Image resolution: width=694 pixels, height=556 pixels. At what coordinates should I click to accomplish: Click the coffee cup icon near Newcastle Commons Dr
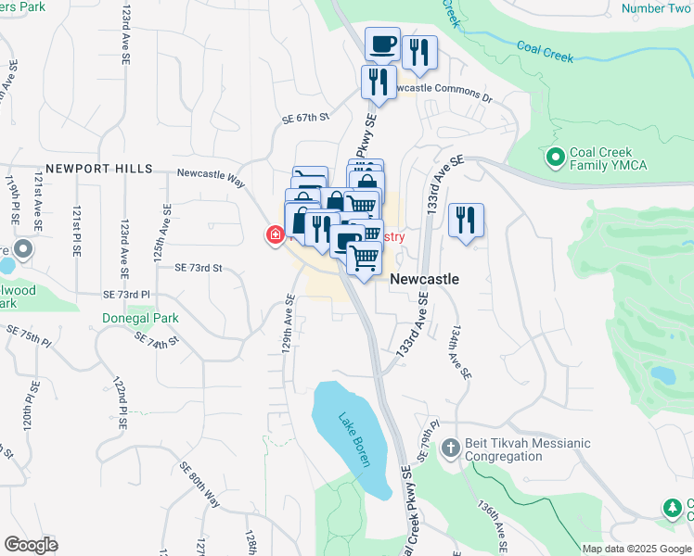tap(382, 44)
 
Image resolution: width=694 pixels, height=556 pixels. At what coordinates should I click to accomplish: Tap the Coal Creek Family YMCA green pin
tap(556, 158)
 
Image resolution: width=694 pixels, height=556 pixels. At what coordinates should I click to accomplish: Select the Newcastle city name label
tap(424, 279)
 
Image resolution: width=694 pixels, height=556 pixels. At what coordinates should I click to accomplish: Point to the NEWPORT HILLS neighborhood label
tap(98, 169)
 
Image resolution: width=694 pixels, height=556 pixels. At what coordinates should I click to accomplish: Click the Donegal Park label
tap(140, 317)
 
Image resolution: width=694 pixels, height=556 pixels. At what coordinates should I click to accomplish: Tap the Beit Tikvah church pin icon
tap(450, 449)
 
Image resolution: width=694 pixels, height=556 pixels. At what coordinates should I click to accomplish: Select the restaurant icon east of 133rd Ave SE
tap(463, 221)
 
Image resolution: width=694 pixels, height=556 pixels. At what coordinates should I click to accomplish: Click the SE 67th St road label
tap(306, 118)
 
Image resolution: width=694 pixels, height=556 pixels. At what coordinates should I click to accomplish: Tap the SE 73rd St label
tap(199, 268)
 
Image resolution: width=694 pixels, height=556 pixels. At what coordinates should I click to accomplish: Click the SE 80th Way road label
tap(199, 485)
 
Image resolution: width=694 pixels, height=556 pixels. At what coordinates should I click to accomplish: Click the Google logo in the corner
tap(31, 545)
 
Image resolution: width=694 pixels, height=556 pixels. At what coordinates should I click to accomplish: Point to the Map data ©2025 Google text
tap(636, 549)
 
